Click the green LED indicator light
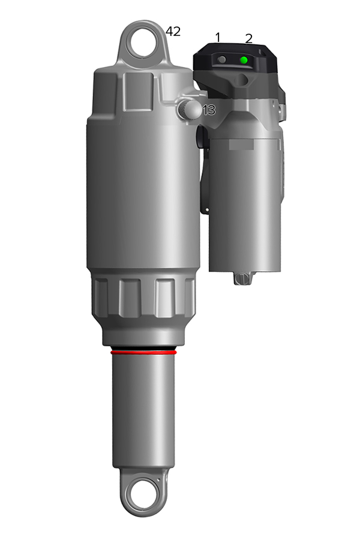pos(244,60)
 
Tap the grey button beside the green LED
pos(223,59)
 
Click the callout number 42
pos(173,31)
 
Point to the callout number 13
pos(209,110)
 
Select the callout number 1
pos(218,37)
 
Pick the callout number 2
pos(249,38)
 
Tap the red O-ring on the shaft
pos(143,352)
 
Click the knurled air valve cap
pos(188,109)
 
